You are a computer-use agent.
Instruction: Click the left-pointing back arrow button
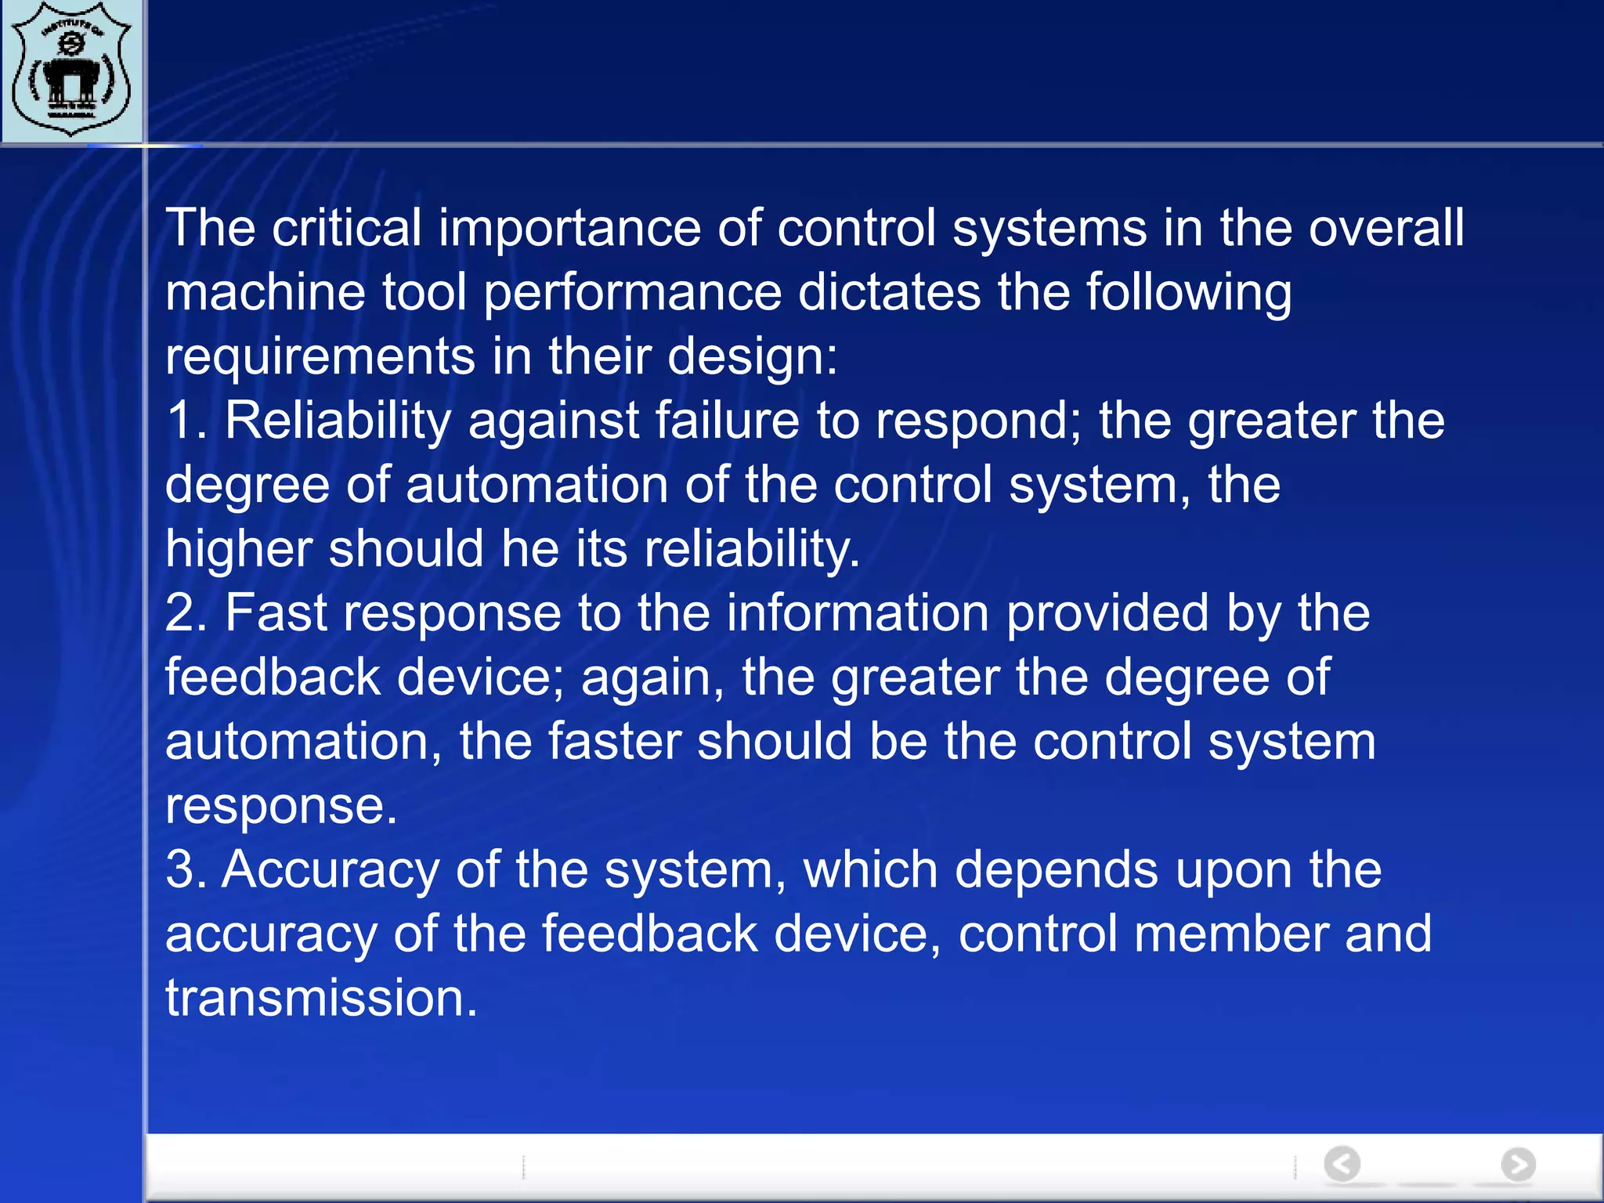[x=1342, y=1164]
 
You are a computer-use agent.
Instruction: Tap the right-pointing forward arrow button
[x=1518, y=1164]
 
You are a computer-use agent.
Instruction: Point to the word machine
[x=265, y=292]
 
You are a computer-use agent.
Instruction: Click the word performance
[x=633, y=294]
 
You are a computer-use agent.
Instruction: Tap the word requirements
[x=320, y=357]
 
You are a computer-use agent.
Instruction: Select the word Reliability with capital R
[x=338, y=421]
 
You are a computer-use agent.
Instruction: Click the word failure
[x=727, y=421]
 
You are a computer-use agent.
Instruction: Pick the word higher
[x=238, y=550]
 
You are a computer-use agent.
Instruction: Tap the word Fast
[x=276, y=613]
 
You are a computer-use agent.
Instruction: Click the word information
[x=857, y=613]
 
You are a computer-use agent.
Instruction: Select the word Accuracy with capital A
[x=330, y=872]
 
